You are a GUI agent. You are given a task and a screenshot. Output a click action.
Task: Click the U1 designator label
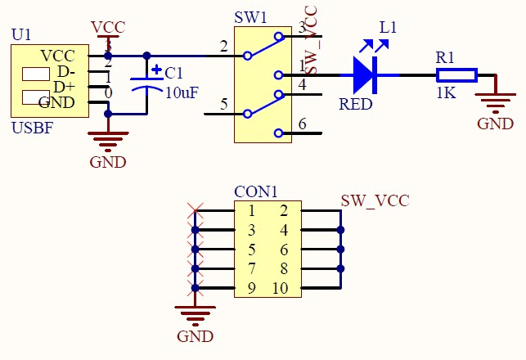click(21, 35)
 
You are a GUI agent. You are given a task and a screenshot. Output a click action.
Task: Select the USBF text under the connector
click(32, 128)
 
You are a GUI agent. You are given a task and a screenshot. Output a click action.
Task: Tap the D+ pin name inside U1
click(64, 87)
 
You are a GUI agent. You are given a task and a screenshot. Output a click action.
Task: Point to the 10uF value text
click(182, 92)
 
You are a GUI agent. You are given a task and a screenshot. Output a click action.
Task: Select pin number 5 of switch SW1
click(223, 104)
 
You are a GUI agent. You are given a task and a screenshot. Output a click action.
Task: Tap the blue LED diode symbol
click(364, 75)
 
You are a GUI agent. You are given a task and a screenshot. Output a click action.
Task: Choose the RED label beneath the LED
click(356, 105)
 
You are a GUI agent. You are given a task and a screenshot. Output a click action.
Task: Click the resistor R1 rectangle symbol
click(456, 75)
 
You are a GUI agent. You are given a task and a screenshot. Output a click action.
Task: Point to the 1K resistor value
click(446, 94)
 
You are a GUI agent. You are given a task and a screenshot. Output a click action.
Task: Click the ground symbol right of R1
click(494, 103)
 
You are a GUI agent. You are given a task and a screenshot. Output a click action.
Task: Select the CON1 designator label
click(256, 192)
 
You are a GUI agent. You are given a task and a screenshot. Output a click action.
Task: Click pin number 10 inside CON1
click(281, 288)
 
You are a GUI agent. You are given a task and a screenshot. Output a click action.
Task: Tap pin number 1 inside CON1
click(252, 211)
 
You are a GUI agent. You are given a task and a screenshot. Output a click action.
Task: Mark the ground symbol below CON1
click(195, 315)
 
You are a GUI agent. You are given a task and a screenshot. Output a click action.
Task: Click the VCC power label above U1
click(108, 27)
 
